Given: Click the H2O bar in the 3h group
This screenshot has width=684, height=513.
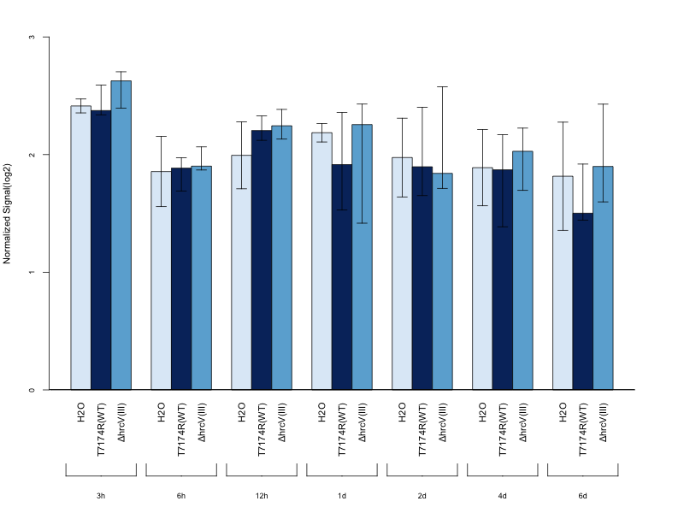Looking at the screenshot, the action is tap(81, 247).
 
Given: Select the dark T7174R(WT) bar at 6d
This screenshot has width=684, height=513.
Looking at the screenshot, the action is tap(583, 302).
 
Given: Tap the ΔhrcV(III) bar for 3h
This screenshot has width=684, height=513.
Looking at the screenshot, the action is tap(121, 235).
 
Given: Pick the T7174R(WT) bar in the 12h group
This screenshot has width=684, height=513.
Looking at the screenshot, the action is tap(262, 260).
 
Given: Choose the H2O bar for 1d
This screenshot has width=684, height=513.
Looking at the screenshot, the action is tap(322, 262).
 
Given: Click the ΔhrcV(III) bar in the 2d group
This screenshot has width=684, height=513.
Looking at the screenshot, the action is tap(442, 281).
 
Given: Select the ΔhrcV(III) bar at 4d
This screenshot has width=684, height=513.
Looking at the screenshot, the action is tap(522, 270).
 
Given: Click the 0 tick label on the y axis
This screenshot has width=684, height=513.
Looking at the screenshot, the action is tap(32, 390).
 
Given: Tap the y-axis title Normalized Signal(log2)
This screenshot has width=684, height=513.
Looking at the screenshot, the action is tap(7, 214).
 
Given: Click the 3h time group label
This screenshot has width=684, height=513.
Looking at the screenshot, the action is tap(101, 496).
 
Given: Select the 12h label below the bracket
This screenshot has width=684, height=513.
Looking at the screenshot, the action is tap(262, 496).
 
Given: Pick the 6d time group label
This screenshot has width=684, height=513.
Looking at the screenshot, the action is tap(583, 496).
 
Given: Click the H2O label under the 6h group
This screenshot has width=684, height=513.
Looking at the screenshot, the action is tap(162, 412).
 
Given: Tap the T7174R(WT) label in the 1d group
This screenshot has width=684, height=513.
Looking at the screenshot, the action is tap(342, 429).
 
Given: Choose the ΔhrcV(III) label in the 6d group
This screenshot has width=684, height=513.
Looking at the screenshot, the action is tap(603, 422).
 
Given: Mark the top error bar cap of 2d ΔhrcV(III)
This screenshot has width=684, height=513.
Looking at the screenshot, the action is tap(442, 87).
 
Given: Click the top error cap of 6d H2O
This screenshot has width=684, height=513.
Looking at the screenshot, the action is tap(563, 121).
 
